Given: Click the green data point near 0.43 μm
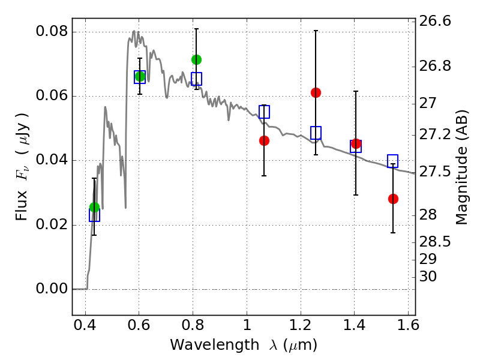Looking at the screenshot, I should [x=94, y=207].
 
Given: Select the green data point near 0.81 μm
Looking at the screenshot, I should [x=196, y=59].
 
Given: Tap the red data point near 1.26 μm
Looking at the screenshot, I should [x=316, y=92].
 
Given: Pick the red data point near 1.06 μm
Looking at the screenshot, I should [x=264, y=140].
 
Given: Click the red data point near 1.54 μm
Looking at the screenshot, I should [x=393, y=199].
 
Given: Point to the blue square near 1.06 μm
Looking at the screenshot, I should [x=264, y=112].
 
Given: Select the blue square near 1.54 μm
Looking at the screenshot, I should [x=393, y=161].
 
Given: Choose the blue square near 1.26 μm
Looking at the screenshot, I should [x=316, y=133].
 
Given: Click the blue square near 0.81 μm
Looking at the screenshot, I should [x=196, y=79].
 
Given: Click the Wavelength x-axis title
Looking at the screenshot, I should [x=243, y=345].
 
